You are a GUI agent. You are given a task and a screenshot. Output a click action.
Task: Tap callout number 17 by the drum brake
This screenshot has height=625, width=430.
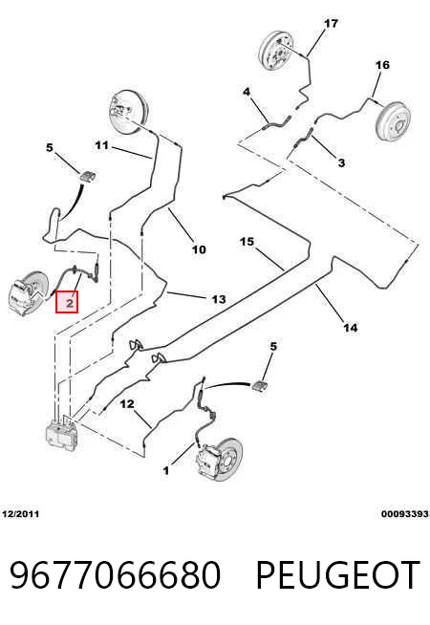(x=331, y=24)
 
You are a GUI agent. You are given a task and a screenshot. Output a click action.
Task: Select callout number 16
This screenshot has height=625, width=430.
(x=382, y=65)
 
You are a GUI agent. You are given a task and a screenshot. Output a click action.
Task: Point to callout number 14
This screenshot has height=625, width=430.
(x=351, y=328)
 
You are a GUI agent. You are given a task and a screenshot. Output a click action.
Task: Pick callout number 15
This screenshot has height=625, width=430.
(x=247, y=242)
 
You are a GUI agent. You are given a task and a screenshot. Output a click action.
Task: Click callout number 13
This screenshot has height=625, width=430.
(x=219, y=299)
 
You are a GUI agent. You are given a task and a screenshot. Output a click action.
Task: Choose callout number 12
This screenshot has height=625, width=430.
(x=127, y=404)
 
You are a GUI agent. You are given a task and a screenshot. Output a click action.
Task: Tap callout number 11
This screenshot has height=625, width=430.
(x=101, y=145)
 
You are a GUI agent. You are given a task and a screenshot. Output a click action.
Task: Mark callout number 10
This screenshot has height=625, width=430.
(x=199, y=250)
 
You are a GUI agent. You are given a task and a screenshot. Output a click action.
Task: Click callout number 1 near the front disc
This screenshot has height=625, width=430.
(x=166, y=471)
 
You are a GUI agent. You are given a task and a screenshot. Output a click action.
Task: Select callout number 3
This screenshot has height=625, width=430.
(x=341, y=162)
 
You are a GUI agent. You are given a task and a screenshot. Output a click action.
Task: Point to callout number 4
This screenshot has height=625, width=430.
(x=247, y=92)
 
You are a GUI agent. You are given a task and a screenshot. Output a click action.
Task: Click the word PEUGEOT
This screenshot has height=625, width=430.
(x=338, y=574)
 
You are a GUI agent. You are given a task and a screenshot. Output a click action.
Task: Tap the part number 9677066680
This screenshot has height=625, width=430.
(x=115, y=574)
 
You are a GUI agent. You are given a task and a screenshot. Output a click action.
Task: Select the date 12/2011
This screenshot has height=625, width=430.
(x=21, y=514)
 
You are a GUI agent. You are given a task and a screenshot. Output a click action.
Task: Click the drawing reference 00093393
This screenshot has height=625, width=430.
(x=405, y=514)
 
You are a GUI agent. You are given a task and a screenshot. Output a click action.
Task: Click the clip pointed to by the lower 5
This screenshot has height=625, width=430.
(x=260, y=386)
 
